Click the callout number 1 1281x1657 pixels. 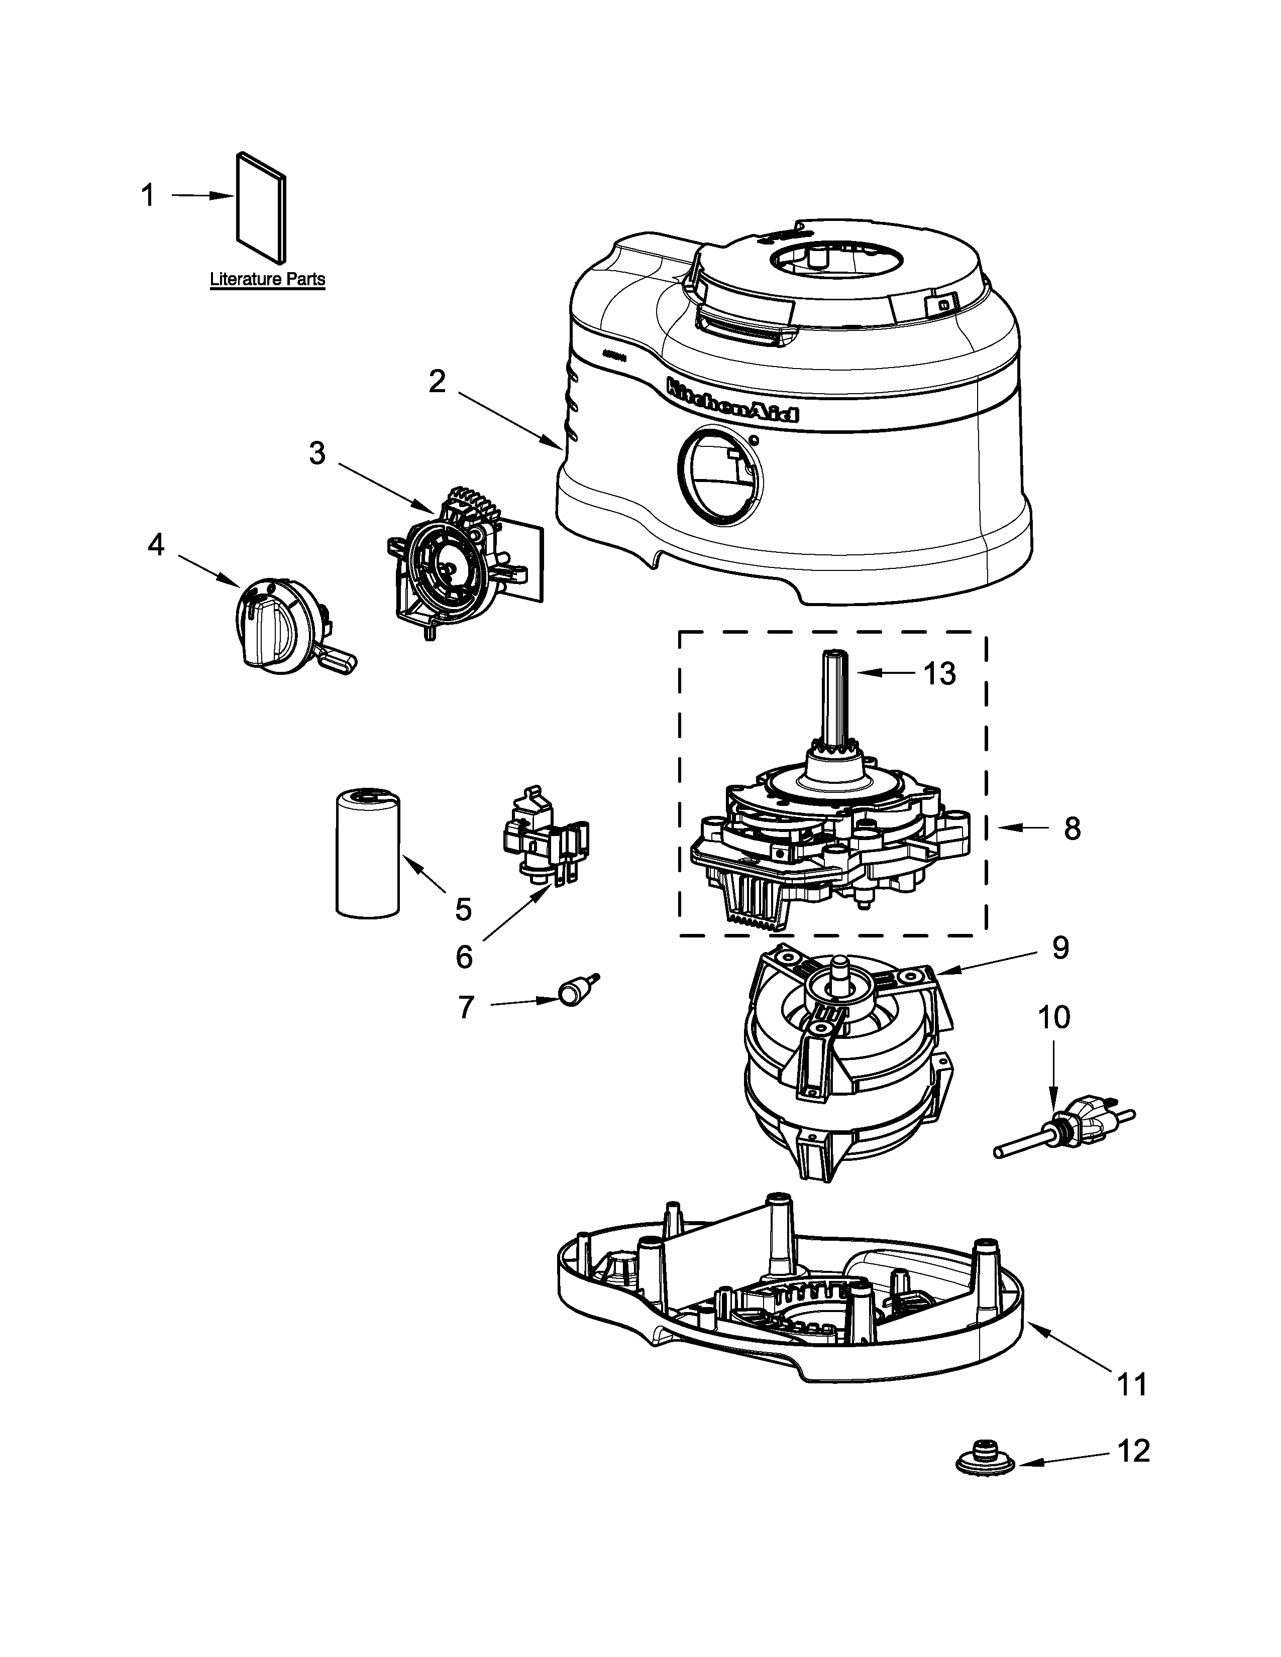(148, 196)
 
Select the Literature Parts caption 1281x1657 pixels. (267, 279)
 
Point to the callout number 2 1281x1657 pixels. (437, 382)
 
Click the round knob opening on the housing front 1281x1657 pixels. (719, 477)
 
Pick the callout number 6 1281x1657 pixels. (464, 957)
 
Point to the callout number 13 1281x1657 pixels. (939, 673)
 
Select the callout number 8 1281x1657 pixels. (1072, 828)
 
